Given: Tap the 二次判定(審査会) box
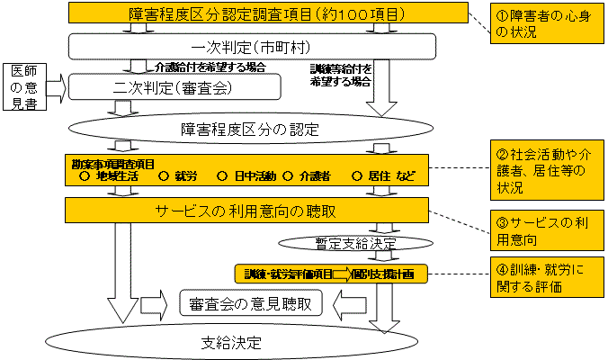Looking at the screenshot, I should (x=175, y=86).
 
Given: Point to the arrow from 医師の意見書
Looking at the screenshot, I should (x=55, y=88).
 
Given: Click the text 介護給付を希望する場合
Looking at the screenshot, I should (x=210, y=68).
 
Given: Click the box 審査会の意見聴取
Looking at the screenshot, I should (x=250, y=304).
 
